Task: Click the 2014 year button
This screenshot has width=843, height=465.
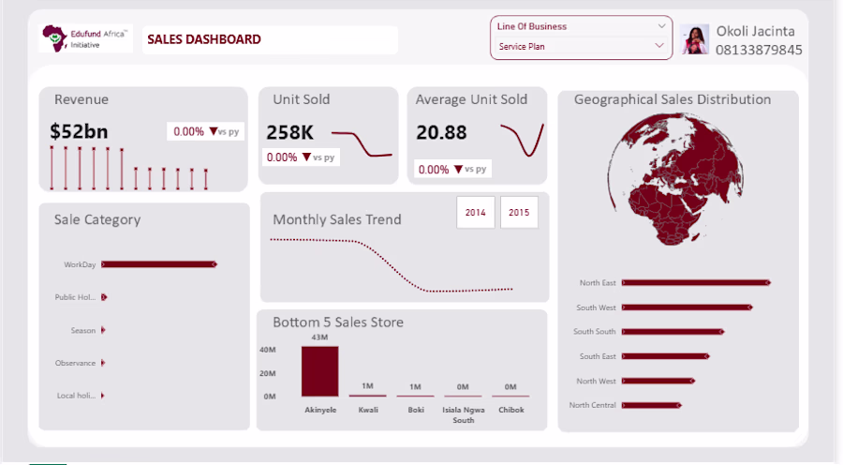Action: [x=475, y=213]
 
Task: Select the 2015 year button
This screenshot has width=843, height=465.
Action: [x=519, y=213]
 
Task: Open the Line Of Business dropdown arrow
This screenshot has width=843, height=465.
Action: [x=661, y=26]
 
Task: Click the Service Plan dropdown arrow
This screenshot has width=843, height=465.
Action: [x=659, y=46]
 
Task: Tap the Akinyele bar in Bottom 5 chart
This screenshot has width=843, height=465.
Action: [x=320, y=371]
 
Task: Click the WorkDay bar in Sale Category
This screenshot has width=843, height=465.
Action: [x=159, y=264]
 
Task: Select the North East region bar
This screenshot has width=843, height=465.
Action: [x=696, y=282]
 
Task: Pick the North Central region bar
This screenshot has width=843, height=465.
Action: [x=652, y=405]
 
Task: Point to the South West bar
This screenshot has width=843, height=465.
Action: [x=688, y=307]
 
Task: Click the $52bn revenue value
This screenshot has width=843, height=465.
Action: [x=79, y=131]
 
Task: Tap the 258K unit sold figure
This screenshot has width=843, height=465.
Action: [x=289, y=132]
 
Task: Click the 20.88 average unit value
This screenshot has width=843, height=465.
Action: [x=441, y=132]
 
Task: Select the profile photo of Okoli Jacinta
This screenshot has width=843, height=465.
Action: [x=695, y=39]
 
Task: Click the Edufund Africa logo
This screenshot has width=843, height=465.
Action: [x=85, y=38]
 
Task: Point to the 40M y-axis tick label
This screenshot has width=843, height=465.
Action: [x=268, y=350]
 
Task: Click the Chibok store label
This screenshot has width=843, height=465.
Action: [x=510, y=410]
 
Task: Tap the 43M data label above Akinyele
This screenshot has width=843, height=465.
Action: [x=319, y=337]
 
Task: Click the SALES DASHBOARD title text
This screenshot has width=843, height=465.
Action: [x=204, y=39]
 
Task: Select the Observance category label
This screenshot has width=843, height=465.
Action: [x=75, y=364]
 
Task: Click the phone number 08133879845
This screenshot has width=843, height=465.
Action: [x=759, y=50]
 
